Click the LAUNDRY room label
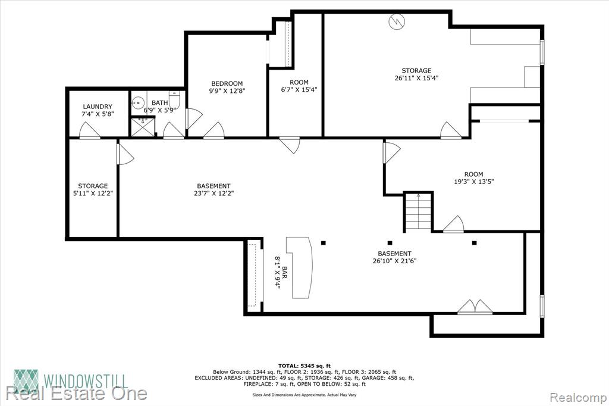[98, 107]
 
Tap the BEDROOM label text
[227, 83]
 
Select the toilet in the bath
[175, 99]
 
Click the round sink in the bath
[138, 102]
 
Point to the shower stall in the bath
[143, 127]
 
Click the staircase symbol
[418, 212]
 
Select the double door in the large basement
[475, 307]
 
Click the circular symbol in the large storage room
[397, 21]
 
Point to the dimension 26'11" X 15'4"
[416, 78]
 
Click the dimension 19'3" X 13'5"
[474, 181]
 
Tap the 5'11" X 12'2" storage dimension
[93, 193]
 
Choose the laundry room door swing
[90, 131]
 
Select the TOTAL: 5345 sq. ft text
[304, 366]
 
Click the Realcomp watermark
[578, 398]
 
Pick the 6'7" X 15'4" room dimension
[299, 89]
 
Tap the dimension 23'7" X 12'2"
[214, 193]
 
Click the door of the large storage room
[451, 130]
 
